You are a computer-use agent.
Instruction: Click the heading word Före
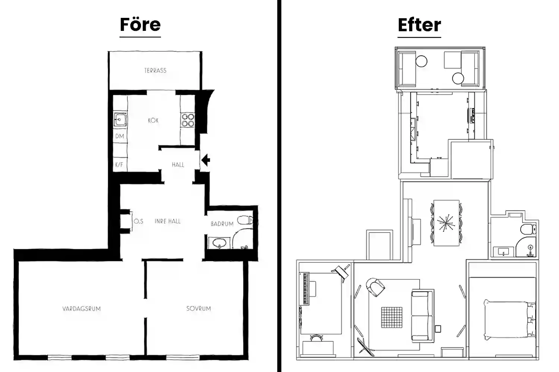coord(140,25)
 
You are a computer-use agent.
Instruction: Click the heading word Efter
coord(420,25)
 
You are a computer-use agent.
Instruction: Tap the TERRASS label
coord(155,71)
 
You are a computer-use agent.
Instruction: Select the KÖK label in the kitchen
coord(153,121)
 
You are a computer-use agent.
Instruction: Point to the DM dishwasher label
coord(120,136)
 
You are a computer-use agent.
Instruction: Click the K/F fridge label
coord(119,164)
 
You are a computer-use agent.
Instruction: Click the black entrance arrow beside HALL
coord(206,160)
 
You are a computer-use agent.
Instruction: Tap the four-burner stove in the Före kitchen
coord(188,120)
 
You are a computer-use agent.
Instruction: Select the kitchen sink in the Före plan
coord(120,120)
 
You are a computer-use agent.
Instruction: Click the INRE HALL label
coord(167,221)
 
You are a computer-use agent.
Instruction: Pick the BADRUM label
coord(222,224)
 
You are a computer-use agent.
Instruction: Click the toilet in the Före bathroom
coord(245,220)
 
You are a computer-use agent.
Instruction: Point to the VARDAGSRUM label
coord(81,309)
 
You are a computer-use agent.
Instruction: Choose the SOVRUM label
coord(198,308)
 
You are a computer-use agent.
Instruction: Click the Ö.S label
coord(139,221)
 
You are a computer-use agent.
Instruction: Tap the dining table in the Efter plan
coord(446,223)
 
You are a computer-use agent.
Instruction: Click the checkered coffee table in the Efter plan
coord(392,317)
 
